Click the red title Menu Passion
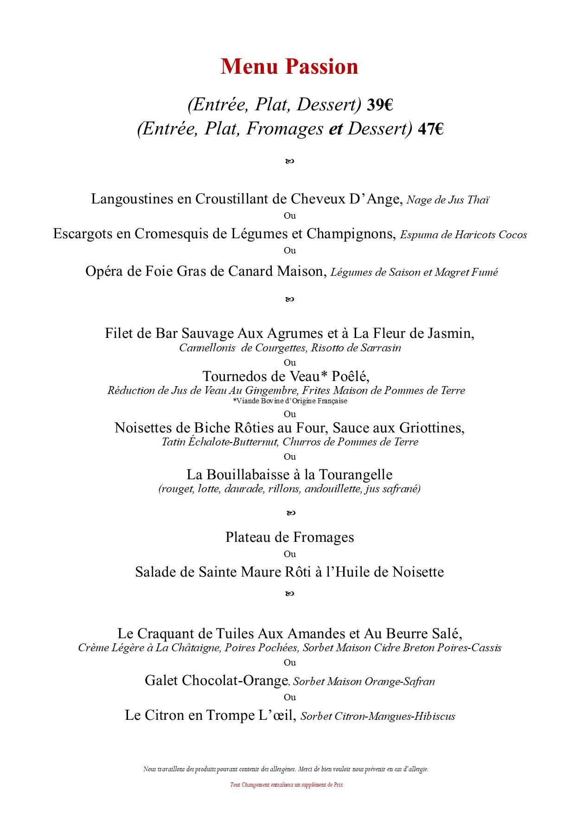[289, 67]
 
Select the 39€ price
[380, 105]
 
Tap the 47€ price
[430, 129]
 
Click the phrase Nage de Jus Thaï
[448, 200]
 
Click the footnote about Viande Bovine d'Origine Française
[290, 401]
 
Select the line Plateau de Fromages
[289, 538]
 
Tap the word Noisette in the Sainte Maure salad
[418, 572]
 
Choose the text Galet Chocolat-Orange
[216, 681]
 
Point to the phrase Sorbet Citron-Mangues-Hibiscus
[377, 717]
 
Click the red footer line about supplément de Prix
[287, 785]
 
